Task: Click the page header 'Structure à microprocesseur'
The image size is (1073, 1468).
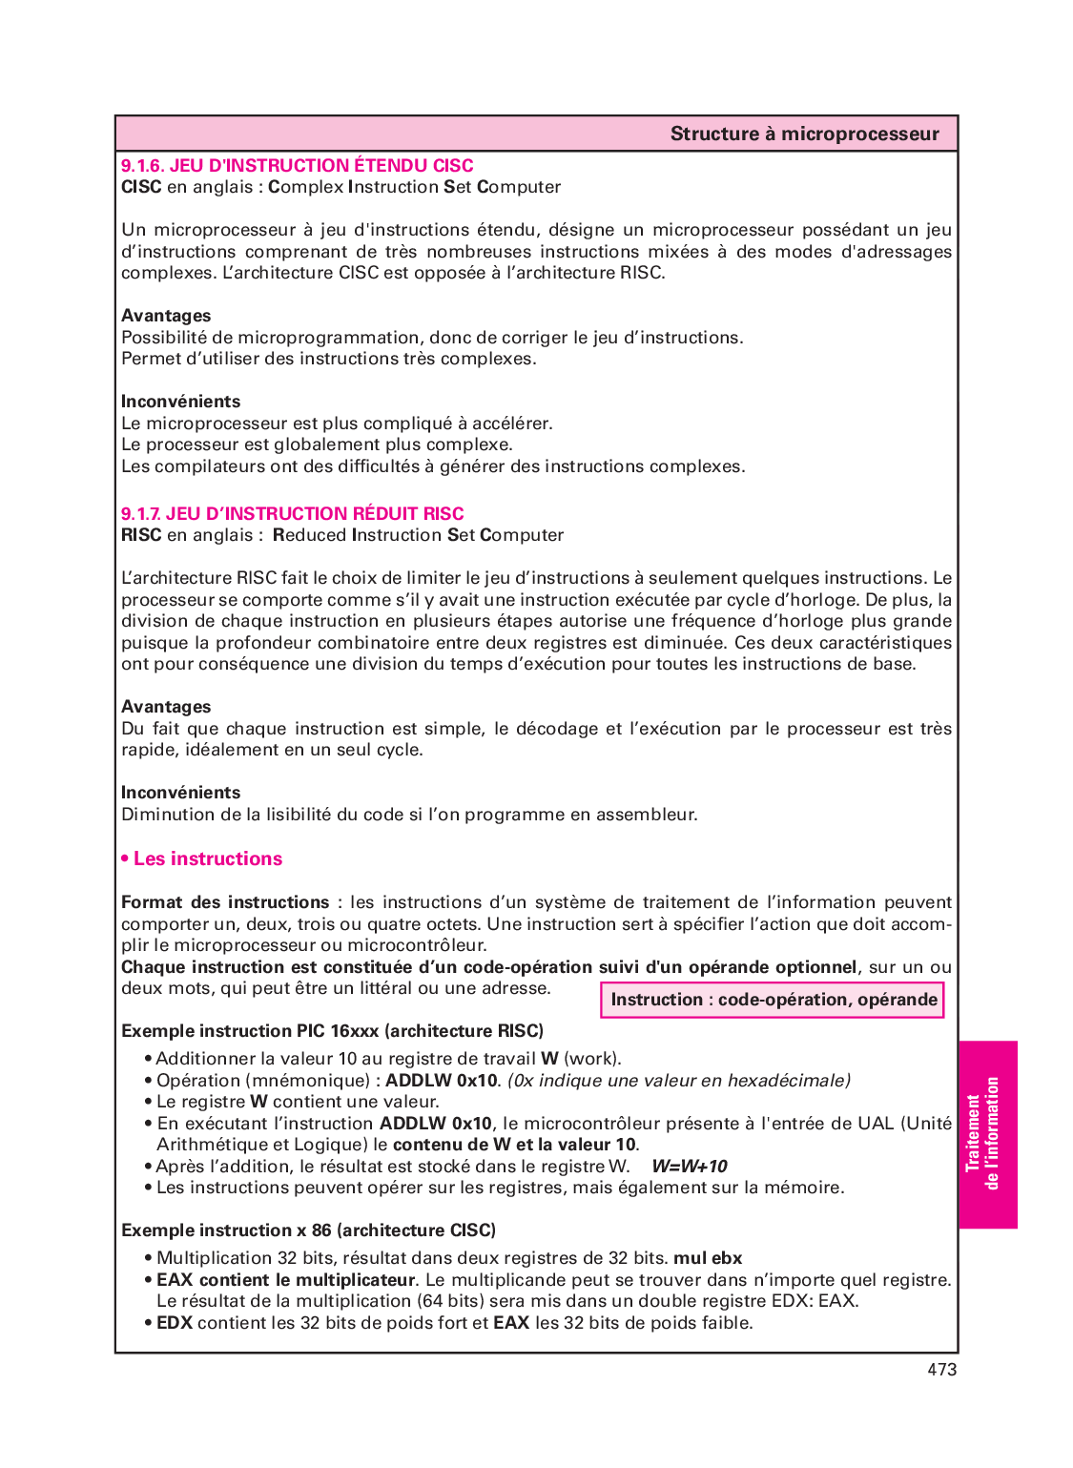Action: point(804,134)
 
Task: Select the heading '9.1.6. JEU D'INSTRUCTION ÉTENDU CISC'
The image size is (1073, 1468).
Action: point(297,166)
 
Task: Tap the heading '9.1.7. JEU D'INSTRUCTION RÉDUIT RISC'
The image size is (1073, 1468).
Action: point(292,514)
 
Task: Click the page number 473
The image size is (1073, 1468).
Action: point(941,1370)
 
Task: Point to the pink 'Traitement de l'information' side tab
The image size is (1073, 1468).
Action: point(987,1134)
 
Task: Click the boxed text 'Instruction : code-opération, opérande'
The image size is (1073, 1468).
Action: point(773,1000)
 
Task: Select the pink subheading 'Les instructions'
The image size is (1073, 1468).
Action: point(207,859)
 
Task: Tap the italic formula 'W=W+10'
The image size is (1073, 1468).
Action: point(689,1167)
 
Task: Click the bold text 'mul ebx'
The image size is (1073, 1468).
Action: point(708,1258)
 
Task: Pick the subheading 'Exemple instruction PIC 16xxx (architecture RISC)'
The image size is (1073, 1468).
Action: point(332,1031)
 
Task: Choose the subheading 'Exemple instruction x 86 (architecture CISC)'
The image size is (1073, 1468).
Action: point(308,1230)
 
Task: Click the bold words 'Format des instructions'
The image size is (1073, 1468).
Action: point(225,902)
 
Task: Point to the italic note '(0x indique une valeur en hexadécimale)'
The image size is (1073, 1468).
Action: point(678,1081)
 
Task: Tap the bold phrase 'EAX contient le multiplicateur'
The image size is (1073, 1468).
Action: point(285,1280)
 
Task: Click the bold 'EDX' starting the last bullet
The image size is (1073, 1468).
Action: point(175,1323)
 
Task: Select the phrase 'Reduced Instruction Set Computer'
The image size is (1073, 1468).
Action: point(418,535)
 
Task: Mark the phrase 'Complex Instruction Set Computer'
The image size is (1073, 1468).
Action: point(414,187)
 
